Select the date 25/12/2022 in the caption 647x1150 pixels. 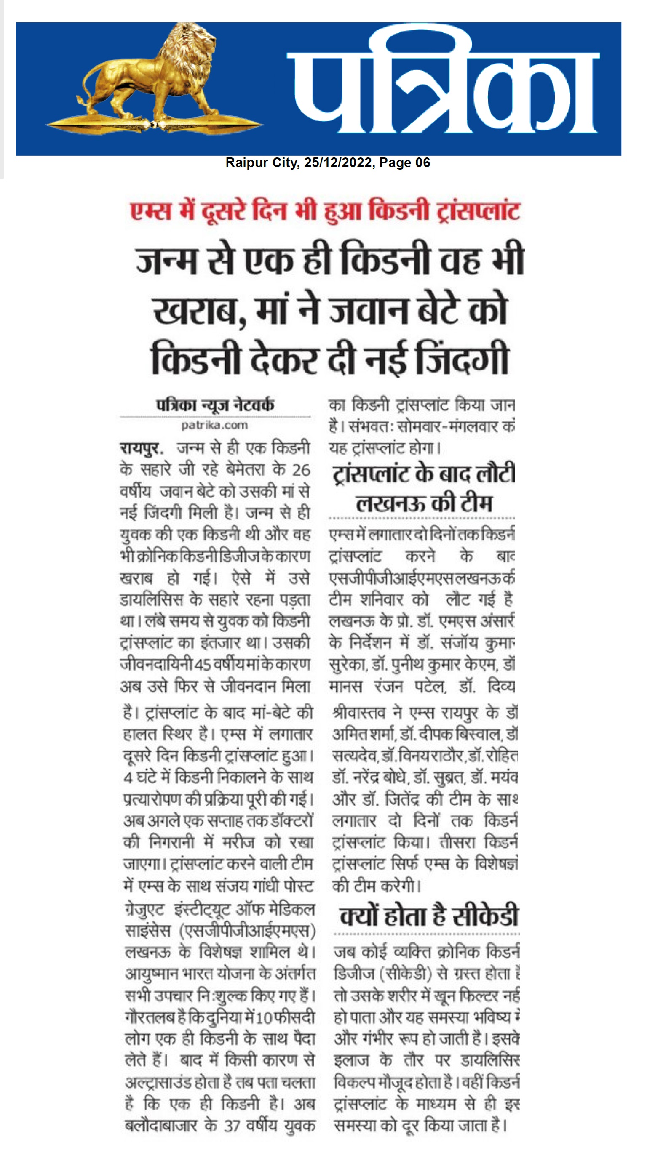pos(338,163)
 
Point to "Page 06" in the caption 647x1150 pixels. pos(404,163)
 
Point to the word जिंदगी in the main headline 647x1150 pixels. pos(463,359)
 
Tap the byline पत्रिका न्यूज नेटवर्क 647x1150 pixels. pos(215,405)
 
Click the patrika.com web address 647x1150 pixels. pos(215,425)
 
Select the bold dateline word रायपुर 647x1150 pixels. pos(141,448)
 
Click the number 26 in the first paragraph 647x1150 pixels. pos(301,470)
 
